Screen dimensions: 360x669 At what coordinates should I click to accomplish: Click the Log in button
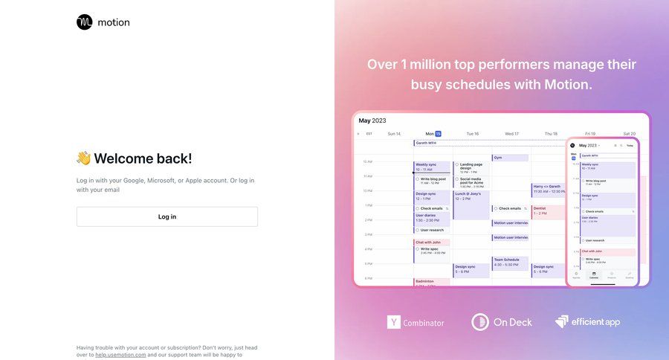[167, 216]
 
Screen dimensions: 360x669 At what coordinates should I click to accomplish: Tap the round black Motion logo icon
[85, 22]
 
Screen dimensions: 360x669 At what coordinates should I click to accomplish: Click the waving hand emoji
[83, 158]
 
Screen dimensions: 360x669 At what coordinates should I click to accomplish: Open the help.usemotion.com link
[120, 355]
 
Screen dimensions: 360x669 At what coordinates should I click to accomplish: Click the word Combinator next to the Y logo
[424, 323]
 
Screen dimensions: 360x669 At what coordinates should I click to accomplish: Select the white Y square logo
[394, 322]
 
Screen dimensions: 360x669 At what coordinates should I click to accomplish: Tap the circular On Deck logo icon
[480, 322]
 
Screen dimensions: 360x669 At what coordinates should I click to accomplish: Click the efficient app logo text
[595, 322]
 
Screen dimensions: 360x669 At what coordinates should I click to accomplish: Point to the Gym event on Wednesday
[510, 158]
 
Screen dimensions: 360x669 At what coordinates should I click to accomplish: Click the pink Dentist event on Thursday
[549, 211]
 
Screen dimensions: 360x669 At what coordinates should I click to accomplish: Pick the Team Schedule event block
[510, 263]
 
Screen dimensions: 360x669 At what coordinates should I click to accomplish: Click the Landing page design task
[473, 166]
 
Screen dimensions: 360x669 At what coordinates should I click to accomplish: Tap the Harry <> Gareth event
[549, 189]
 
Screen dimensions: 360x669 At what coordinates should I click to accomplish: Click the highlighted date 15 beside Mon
[439, 134]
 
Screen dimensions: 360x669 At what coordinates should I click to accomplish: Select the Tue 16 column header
[472, 134]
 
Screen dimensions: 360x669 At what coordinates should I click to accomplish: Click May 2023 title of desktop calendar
[372, 120]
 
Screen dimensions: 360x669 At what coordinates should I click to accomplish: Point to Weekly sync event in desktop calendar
[431, 167]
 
